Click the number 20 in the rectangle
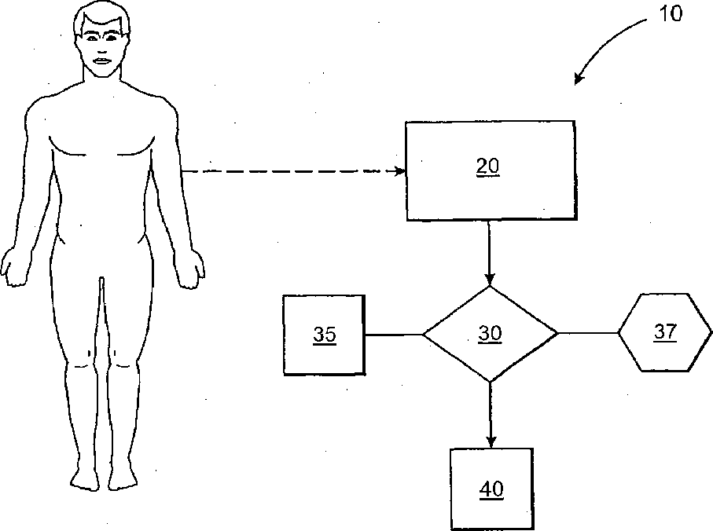point(488,167)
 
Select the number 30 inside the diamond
point(490,334)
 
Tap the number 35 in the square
point(324,335)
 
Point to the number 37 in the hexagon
point(665,332)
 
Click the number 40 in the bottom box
point(491,489)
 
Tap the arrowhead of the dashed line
point(399,171)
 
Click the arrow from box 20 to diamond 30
point(490,251)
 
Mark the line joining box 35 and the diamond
point(394,335)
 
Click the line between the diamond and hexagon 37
point(587,333)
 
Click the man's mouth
point(101,60)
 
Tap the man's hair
point(101,14)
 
